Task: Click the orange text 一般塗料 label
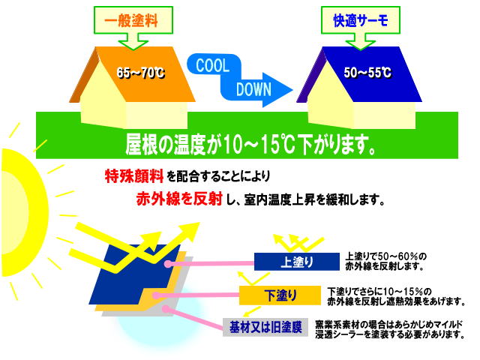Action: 131,20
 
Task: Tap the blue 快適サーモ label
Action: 361,20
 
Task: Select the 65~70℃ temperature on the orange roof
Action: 141,73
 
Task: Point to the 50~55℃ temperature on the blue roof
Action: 367,73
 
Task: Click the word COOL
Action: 213,65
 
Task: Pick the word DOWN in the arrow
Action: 253,89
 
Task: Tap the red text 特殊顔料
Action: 134,175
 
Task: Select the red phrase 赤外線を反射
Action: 179,199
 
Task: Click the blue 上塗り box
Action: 297,262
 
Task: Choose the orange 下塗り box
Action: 280,295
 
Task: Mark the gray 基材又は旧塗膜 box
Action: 265,327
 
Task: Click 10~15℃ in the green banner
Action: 260,144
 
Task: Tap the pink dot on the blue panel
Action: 167,263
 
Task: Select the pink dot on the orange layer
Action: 156,295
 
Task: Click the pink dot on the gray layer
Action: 166,309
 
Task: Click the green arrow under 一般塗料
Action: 133,42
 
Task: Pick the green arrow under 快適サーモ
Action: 360,42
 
